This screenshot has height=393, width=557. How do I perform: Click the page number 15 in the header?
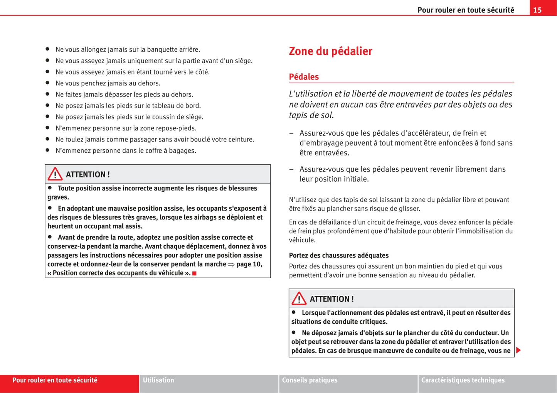pos(537,10)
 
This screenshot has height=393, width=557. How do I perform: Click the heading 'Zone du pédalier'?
pos(330,51)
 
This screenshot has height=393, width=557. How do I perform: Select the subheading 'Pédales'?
pos(304,77)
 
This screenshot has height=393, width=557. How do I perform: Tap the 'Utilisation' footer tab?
pos(158,380)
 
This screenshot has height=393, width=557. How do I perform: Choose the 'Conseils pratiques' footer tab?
pos(310,380)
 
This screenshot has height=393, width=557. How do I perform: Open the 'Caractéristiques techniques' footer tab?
pos(463,380)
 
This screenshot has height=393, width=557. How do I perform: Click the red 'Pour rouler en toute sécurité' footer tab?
pos(55,380)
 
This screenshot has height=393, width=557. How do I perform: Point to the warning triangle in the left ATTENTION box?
pos(55,174)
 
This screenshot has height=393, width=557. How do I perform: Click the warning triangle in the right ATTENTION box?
pos(299,299)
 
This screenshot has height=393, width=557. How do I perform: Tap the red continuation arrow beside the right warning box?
pos(518,350)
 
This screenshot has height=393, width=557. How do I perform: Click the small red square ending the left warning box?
pos(195,273)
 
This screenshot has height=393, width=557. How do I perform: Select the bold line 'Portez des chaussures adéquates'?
pos(339,255)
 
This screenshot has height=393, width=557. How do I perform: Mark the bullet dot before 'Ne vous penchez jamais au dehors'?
pos(47,83)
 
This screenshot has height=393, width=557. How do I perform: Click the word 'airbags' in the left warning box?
pos(205,218)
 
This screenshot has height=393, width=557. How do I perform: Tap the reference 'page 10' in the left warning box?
pos(249,264)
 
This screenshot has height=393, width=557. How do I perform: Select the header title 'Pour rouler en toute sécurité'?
pos(466,10)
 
